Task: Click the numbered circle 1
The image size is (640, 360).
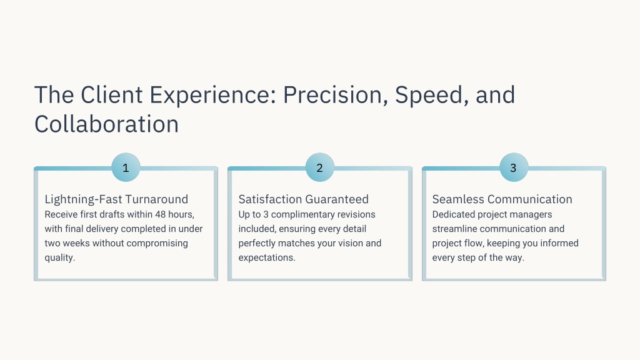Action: pyautogui.click(x=126, y=167)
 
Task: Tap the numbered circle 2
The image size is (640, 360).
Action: pyautogui.click(x=319, y=167)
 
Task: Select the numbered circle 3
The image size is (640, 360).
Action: pyautogui.click(x=514, y=167)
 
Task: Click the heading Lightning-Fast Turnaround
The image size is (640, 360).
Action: pyautogui.click(x=116, y=199)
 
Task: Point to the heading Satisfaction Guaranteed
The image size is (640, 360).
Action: pyautogui.click(x=303, y=199)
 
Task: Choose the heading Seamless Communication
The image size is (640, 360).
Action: pyautogui.click(x=502, y=199)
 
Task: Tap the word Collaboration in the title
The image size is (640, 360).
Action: pyautogui.click(x=106, y=124)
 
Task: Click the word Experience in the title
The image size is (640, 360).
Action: pyautogui.click(x=213, y=96)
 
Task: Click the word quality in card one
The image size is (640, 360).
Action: pyautogui.click(x=59, y=258)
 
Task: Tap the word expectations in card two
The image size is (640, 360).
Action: pyautogui.click(x=266, y=258)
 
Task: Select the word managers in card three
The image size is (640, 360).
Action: pyautogui.click(x=532, y=215)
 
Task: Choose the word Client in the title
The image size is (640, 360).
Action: pyautogui.click(x=111, y=95)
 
